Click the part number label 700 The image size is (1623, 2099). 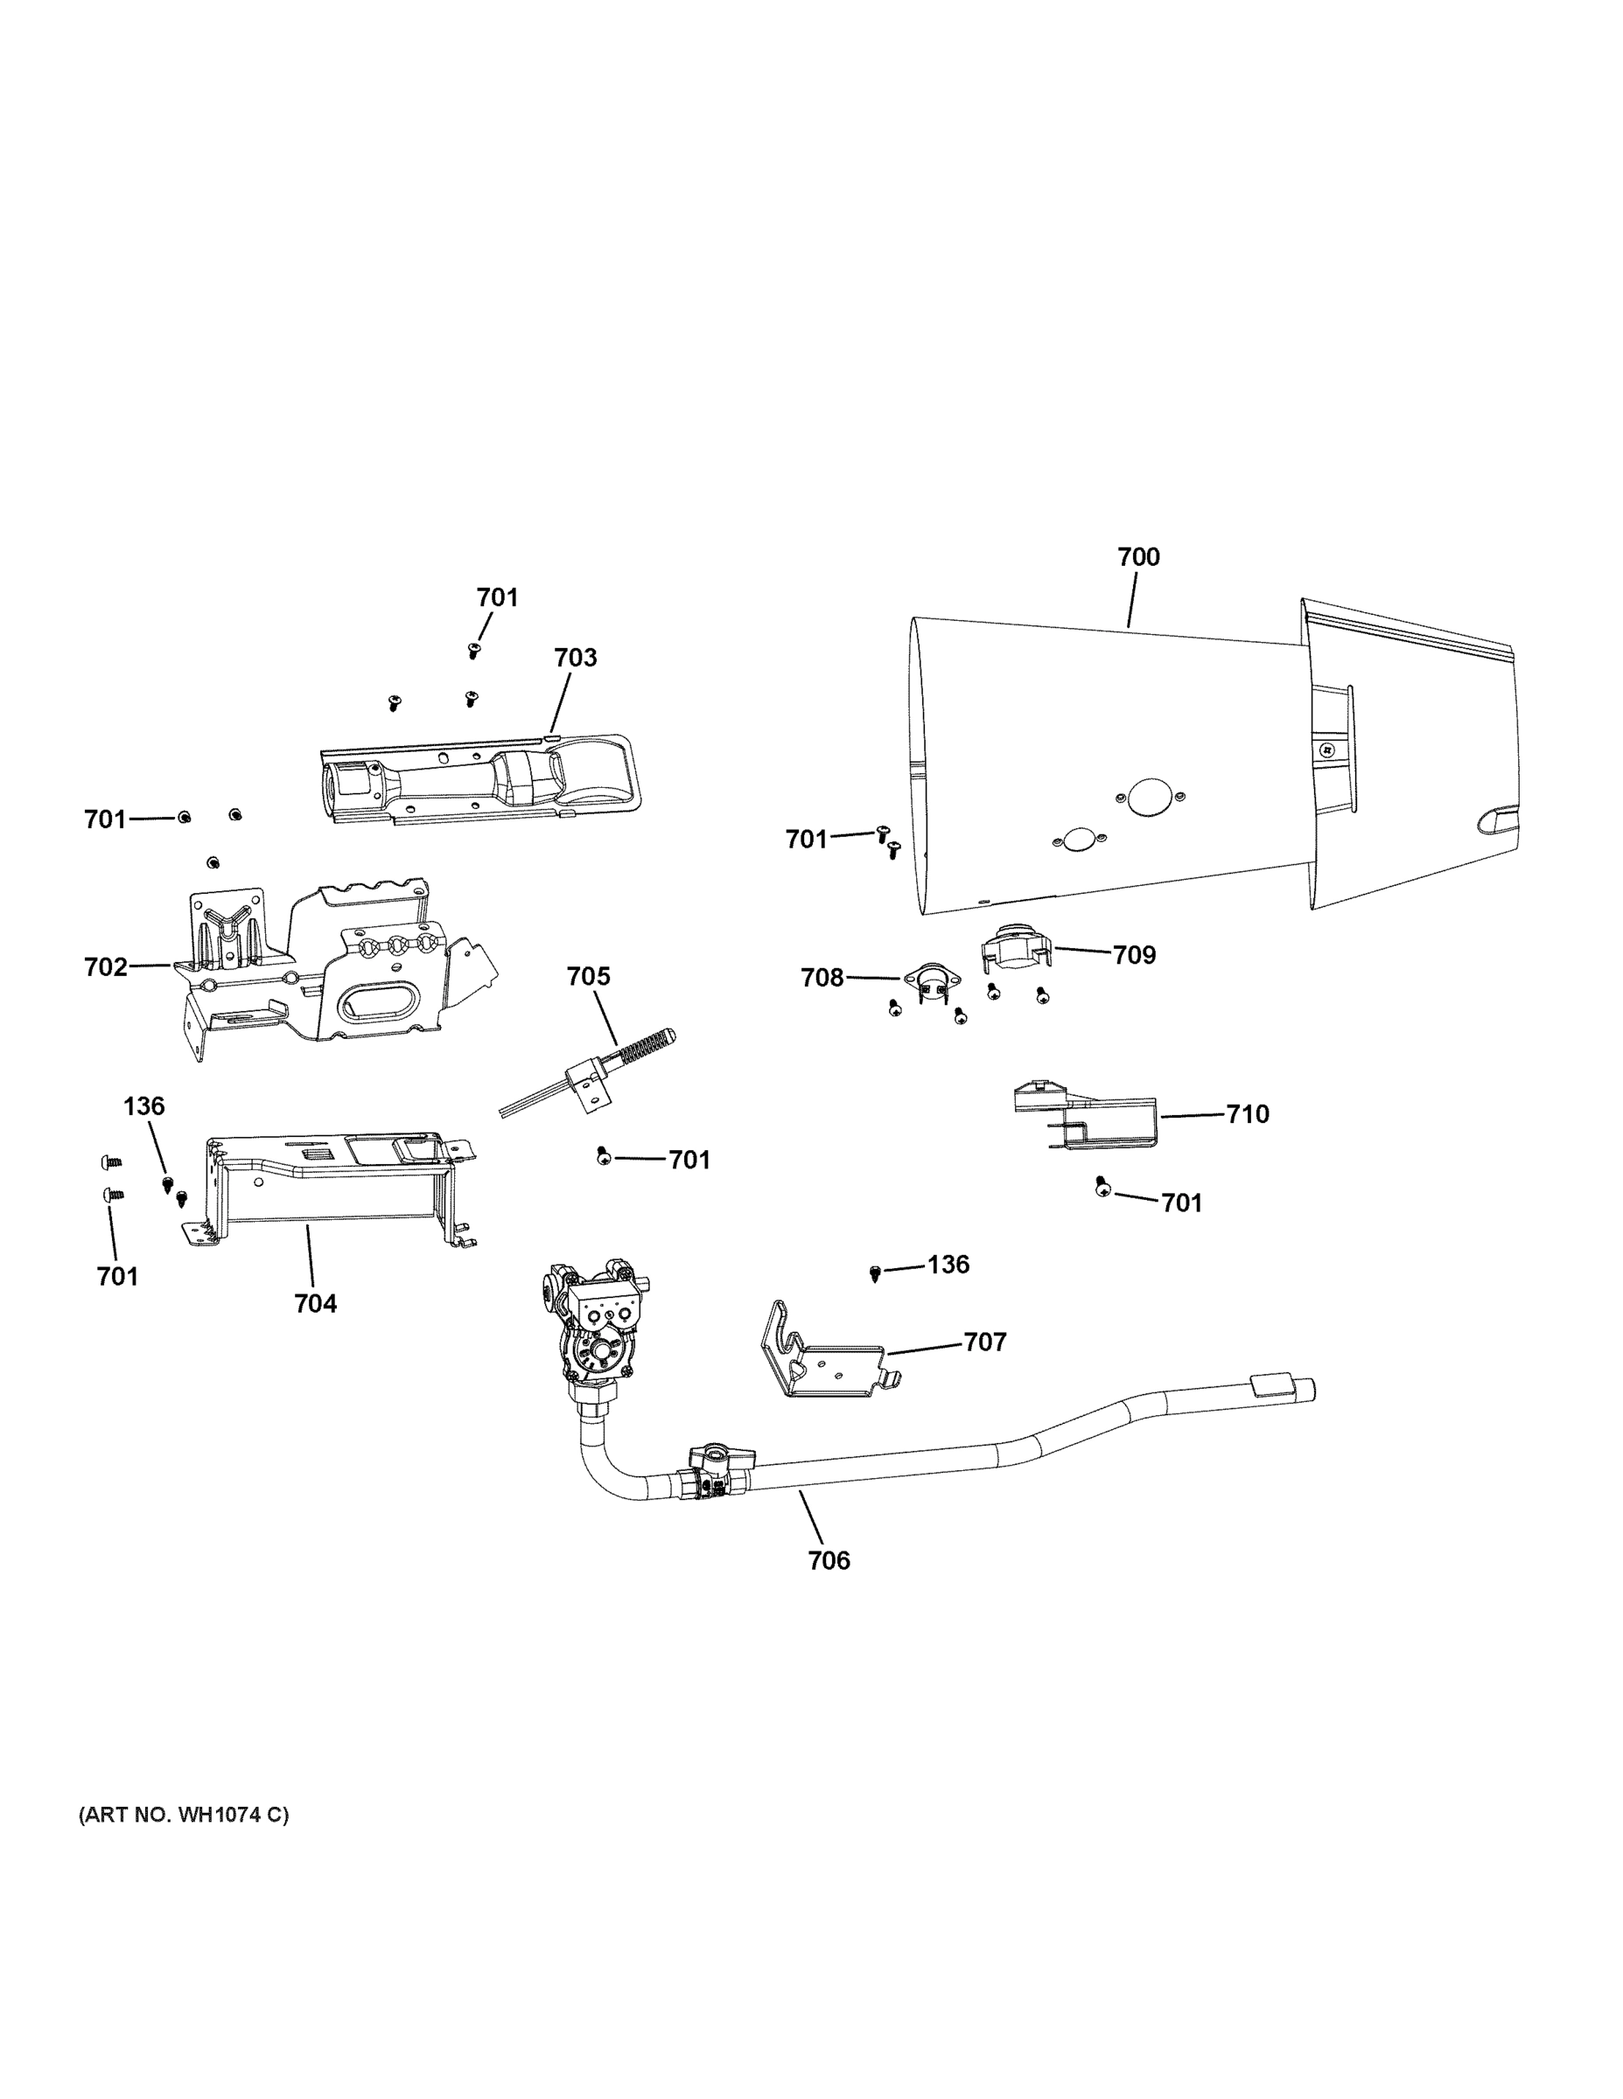pyautogui.click(x=1137, y=557)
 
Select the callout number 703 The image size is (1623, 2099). pyautogui.click(x=575, y=659)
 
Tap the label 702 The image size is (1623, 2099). pyautogui.click(x=106, y=966)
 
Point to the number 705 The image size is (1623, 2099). pyautogui.click(x=587, y=976)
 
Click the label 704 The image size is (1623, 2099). pyautogui.click(x=315, y=1304)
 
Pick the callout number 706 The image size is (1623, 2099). pyautogui.click(x=829, y=1561)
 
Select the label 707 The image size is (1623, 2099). pyautogui.click(x=984, y=1342)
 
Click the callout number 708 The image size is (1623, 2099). pyautogui.click(x=822, y=979)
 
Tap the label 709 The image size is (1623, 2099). pyautogui.click(x=1134, y=955)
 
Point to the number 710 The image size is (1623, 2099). pyautogui.click(x=1247, y=1114)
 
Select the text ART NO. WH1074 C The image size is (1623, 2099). pyautogui.click(x=183, y=1816)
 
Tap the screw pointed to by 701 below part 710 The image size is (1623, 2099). pyautogui.click(x=1102, y=1189)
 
